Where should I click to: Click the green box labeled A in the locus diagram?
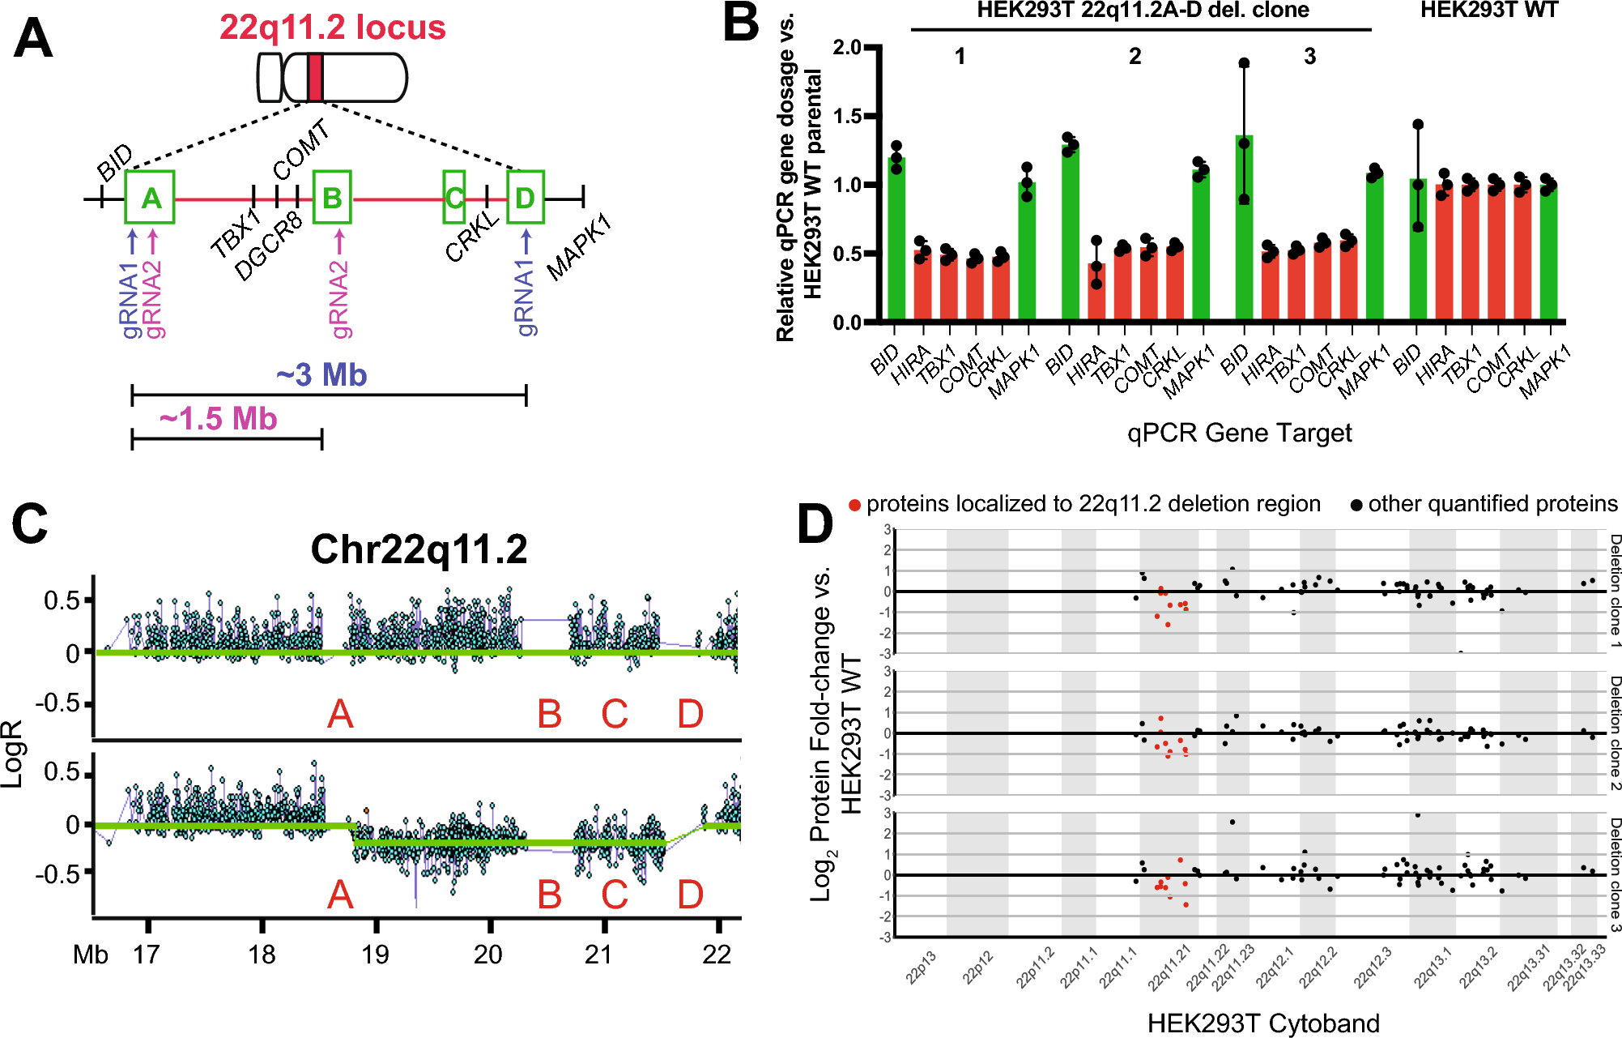150,197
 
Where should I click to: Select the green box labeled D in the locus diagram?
525,197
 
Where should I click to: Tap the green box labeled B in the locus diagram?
332,197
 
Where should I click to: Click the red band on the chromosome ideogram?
315,78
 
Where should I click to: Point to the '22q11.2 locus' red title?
332,28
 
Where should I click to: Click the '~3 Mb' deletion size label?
321,375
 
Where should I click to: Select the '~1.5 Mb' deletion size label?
219,419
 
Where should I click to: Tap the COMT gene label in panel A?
300,151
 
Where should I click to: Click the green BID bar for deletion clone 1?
896,239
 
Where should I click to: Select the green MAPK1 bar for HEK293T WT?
1548,253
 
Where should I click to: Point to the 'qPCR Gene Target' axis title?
1239,433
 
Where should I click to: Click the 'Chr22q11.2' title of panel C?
419,549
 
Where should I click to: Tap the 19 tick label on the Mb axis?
375,955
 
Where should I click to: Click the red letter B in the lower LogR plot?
549,895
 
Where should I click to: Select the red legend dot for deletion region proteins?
854,506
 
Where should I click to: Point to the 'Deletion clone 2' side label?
1614,733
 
